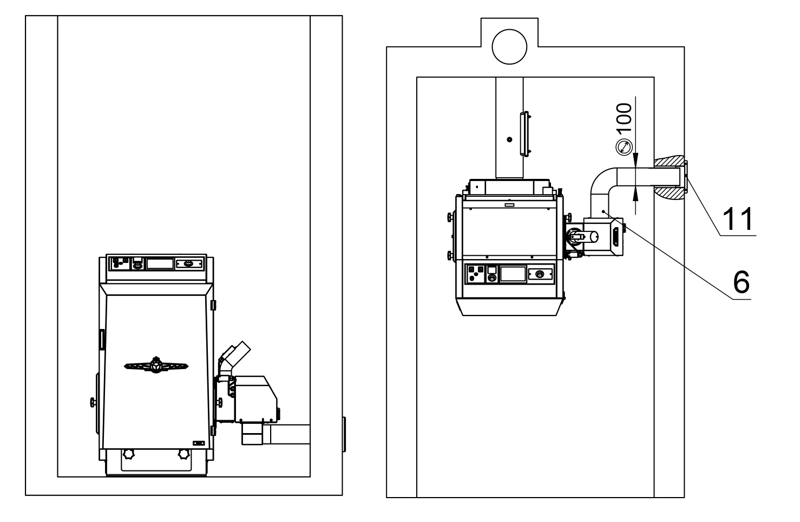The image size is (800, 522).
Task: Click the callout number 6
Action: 741,281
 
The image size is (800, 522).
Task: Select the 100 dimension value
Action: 625,119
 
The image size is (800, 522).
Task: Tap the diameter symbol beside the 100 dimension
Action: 625,146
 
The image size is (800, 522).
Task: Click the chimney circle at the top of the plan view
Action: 509,46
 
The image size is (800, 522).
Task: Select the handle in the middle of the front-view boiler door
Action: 156,366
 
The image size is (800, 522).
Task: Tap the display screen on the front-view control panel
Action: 160,264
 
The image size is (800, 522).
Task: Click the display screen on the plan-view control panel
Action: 512,273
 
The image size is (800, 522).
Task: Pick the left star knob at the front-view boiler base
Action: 129,453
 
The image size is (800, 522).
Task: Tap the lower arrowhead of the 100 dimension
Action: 636,194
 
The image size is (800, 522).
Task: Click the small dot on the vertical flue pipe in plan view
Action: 509,140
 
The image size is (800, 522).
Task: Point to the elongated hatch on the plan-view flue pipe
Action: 523,133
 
